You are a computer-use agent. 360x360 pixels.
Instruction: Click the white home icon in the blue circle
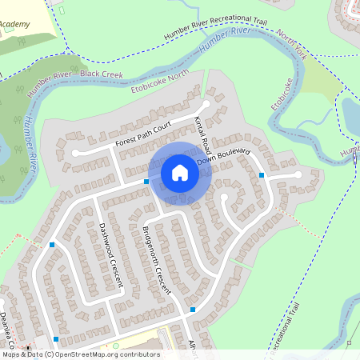pyautogui.click(x=179, y=173)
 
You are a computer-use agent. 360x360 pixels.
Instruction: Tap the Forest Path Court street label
pyautogui.click(x=144, y=134)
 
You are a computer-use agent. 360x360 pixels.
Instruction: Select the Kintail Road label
pyautogui.click(x=202, y=131)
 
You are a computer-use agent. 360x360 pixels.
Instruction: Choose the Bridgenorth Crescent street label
pyautogui.click(x=156, y=260)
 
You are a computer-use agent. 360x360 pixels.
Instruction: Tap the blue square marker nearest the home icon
pyautogui.click(x=146, y=182)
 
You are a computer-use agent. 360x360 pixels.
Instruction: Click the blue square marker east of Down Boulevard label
pyautogui.click(x=262, y=174)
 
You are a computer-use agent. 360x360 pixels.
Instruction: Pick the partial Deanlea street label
pyautogui.click(x=7, y=328)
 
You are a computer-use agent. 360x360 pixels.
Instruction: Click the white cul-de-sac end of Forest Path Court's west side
pyautogui.click(x=75, y=152)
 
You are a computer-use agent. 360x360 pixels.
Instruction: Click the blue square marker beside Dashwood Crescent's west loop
pyautogui.click(x=52, y=244)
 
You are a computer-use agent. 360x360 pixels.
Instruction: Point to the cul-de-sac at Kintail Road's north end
pyautogui.click(x=206, y=103)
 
